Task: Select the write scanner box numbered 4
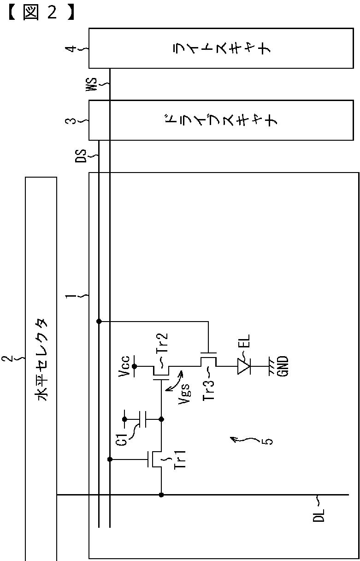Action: (221, 48)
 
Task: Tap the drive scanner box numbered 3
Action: (221, 120)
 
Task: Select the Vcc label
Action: (124, 367)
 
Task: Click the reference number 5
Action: (269, 442)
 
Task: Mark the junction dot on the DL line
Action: (161, 495)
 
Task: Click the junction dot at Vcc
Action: (135, 367)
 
